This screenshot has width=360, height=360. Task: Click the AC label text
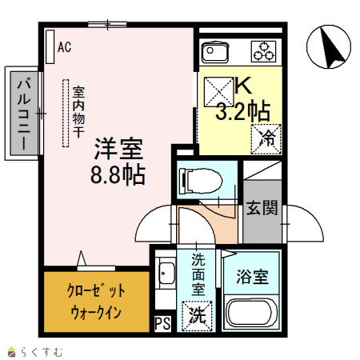pyautogui.click(x=65, y=47)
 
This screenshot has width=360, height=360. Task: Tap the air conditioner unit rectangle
pyautogui.click(x=50, y=46)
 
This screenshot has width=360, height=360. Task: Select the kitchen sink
pyautogui.click(x=214, y=52)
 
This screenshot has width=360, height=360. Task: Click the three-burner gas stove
pyautogui.click(x=263, y=51)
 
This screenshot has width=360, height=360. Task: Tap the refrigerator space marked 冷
pyautogui.click(x=266, y=139)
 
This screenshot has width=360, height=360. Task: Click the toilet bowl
pyautogui.click(x=201, y=181)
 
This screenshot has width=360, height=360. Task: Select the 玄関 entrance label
pyautogui.click(x=262, y=208)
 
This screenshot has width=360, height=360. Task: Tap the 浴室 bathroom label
pyautogui.click(x=252, y=277)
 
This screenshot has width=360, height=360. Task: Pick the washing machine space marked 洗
pyautogui.click(x=197, y=316)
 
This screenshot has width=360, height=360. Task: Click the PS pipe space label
pyautogui.click(x=162, y=324)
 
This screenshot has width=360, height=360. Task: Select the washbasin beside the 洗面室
pyautogui.click(x=166, y=274)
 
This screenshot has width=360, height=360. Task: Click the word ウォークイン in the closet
pyautogui.click(x=96, y=313)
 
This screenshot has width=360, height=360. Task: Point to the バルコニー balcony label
pyautogui.click(x=24, y=113)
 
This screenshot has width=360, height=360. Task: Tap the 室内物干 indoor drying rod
pyautogui.click(x=66, y=113)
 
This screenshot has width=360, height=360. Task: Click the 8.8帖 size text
pyautogui.click(x=118, y=175)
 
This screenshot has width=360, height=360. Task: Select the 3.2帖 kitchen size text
pyautogui.click(x=243, y=111)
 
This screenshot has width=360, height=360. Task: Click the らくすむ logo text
pyautogui.click(x=42, y=352)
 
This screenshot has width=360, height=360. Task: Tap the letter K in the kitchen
pyautogui.click(x=243, y=85)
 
